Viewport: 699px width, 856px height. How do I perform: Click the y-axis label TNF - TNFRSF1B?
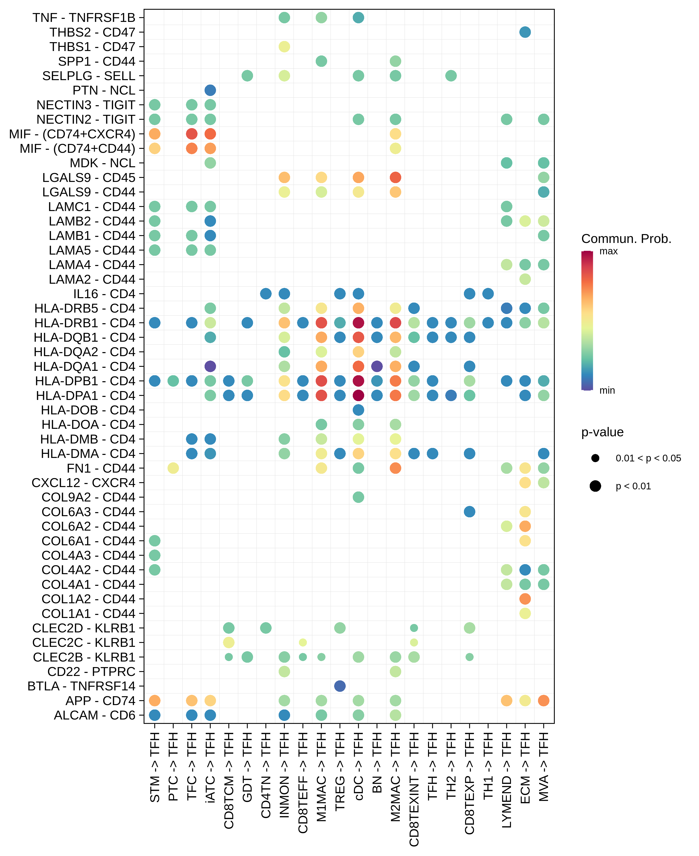pos(84,18)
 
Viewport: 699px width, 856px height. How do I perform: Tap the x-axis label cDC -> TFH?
pos(358,766)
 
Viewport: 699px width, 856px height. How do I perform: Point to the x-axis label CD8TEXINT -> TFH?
pos(414,789)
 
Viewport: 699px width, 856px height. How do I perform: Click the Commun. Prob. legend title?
pos(626,239)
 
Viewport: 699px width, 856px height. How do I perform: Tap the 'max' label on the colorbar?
pos(608,252)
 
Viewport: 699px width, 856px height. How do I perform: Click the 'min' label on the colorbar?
pos(607,390)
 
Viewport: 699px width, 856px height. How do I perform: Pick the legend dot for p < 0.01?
pos(595,486)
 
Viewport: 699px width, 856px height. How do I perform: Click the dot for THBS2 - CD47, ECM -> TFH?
pos(525,32)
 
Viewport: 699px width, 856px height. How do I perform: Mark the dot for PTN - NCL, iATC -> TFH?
pos(210,90)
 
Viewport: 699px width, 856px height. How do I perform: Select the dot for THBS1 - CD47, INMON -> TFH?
pos(284,47)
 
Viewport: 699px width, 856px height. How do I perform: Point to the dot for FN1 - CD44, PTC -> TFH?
pos(173,468)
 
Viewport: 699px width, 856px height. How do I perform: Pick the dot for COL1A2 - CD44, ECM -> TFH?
pos(525,599)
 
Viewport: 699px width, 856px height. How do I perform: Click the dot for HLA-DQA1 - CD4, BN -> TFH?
pos(377,366)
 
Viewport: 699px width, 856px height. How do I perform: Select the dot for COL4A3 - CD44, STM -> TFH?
pos(155,555)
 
